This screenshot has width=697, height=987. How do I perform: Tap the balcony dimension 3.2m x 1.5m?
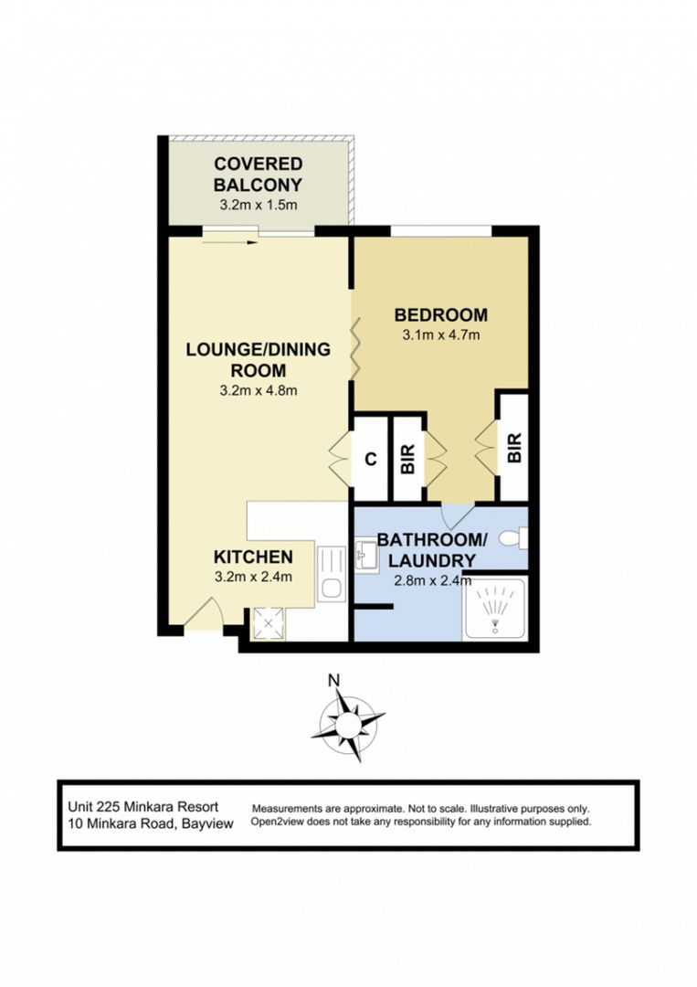coord(259,205)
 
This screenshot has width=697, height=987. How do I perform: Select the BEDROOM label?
coord(440,315)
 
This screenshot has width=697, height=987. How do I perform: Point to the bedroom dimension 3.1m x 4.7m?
coord(440,334)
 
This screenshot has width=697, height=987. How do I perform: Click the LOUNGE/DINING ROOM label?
coord(259,359)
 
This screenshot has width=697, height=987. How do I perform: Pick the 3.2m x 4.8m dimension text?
coord(259,390)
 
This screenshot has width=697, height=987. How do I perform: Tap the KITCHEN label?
coord(253,557)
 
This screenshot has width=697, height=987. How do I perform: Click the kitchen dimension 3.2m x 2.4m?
coord(253,577)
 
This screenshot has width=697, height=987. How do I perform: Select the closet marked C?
coord(370,459)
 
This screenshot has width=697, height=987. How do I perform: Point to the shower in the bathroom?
coord(494,609)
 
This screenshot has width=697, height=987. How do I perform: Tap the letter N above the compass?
coord(334,679)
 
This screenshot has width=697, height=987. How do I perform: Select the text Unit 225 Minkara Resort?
coord(143,807)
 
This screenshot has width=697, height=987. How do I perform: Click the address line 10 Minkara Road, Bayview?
coord(151,822)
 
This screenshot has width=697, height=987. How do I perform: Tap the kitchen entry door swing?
coord(204,614)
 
